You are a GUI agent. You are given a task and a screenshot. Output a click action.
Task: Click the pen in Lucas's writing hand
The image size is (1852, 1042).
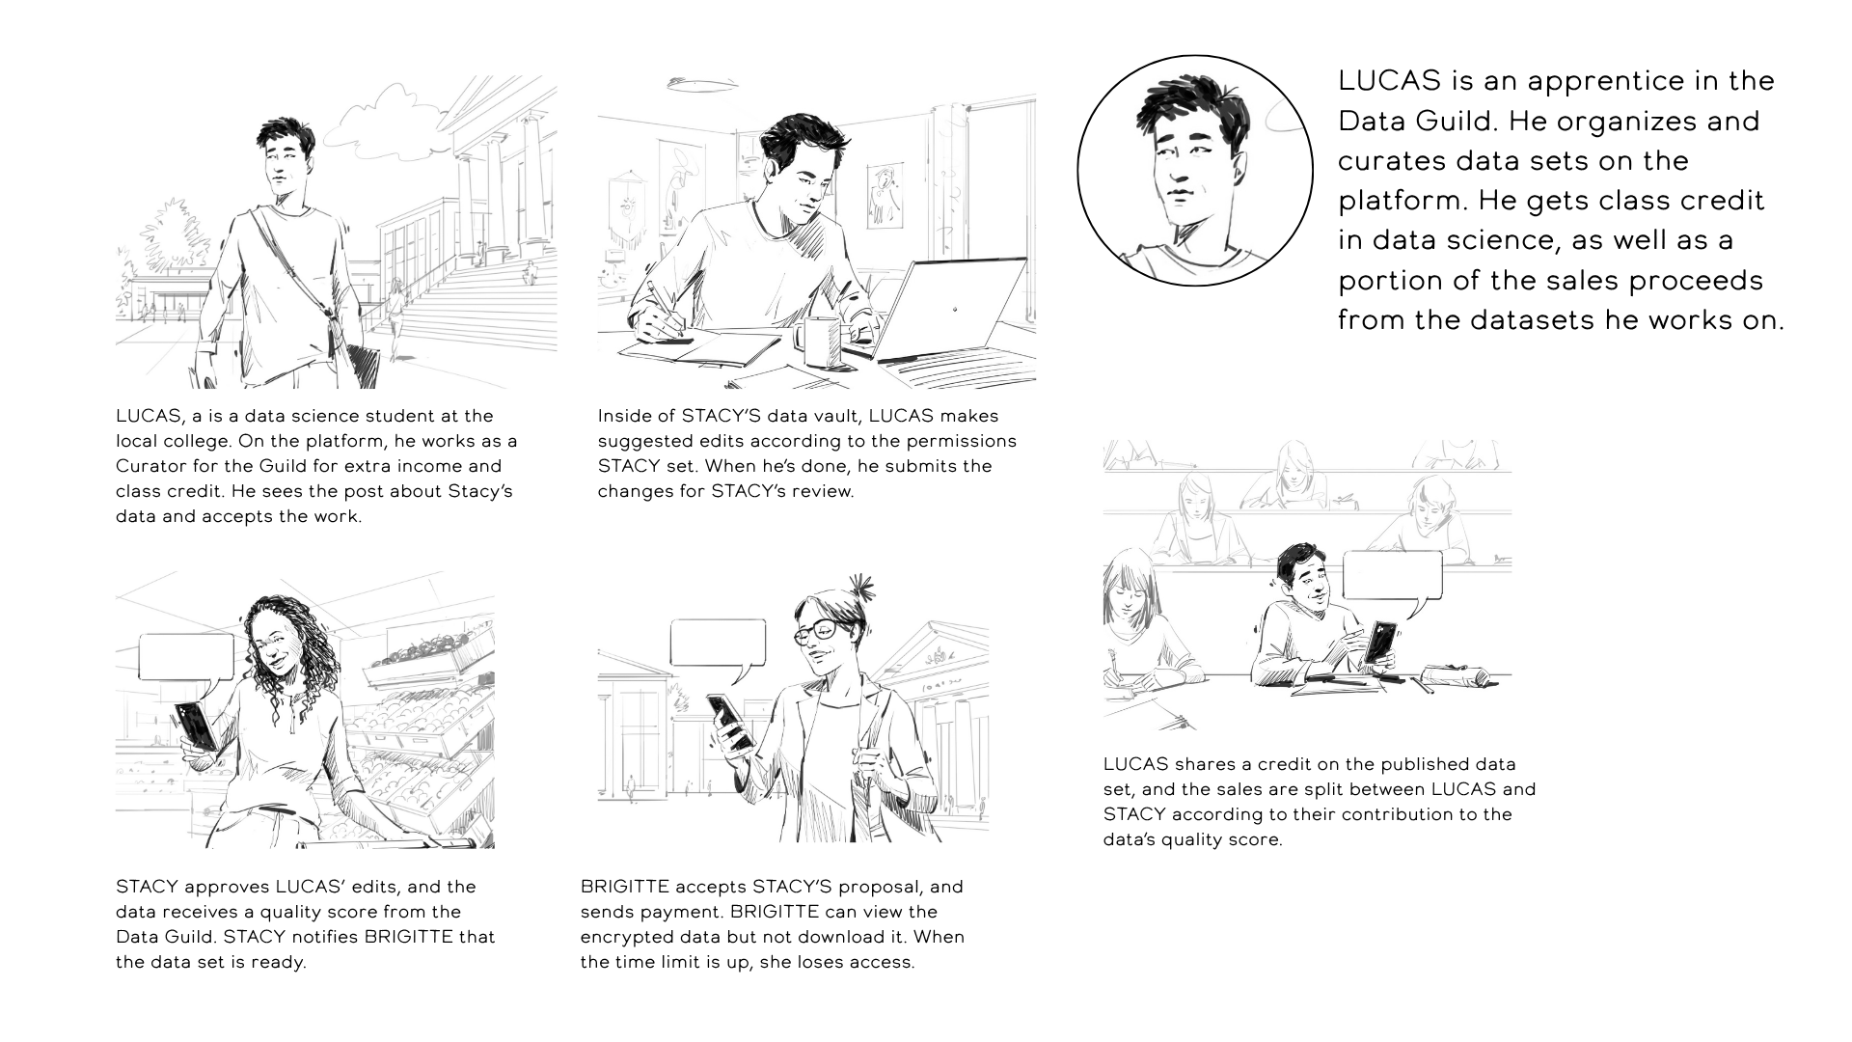click(x=664, y=309)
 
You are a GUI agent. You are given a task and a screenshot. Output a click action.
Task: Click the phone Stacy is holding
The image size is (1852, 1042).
click(x=196, y=726)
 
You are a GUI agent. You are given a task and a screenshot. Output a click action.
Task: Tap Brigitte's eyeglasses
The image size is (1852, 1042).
click(x=818, y=632)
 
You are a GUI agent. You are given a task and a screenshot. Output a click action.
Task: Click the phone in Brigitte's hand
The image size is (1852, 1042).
click(x=730, y=722)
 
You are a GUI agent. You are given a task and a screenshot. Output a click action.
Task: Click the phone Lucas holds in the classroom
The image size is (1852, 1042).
click(x=1379, y=643)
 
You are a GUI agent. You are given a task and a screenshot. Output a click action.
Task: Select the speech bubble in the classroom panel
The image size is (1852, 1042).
click(x=1392, y=578)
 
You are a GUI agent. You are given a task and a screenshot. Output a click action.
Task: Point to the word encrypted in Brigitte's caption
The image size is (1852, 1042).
click(x=623, y=937)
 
